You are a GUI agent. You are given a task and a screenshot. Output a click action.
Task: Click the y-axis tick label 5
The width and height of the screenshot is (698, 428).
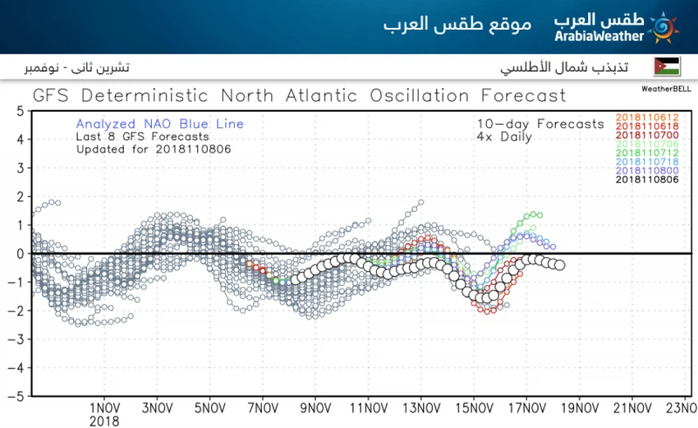[19, 111]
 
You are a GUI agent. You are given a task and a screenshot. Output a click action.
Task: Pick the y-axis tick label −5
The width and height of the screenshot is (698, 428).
[16, 396]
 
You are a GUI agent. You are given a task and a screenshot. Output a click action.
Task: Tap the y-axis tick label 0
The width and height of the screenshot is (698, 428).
[19, 254]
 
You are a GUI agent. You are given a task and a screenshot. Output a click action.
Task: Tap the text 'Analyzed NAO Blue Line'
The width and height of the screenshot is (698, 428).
[159, 124]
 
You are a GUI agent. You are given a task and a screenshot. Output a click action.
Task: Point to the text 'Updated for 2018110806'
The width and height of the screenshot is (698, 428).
[153, 150]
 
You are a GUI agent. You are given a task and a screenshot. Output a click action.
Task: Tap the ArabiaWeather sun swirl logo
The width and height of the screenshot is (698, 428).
[663, 28]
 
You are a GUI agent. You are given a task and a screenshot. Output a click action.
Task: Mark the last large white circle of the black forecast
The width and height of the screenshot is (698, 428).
[559, 265]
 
